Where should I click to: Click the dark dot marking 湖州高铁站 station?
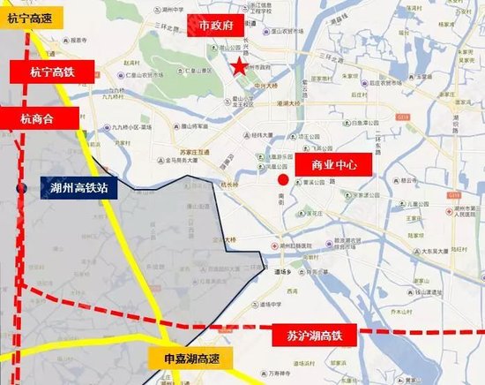point(20,187)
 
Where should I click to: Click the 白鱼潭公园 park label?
point(361,121)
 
